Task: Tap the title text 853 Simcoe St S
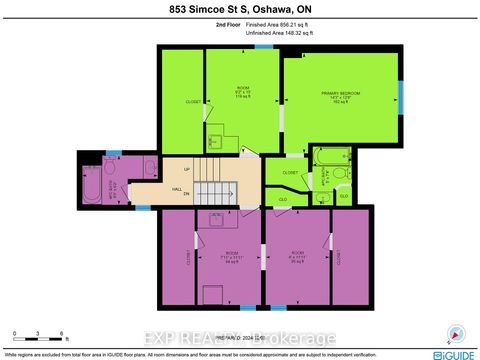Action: (x=239, y=10)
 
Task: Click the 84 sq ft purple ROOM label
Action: (x=231, y=255)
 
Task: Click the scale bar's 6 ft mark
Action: (x=63, y=334)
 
